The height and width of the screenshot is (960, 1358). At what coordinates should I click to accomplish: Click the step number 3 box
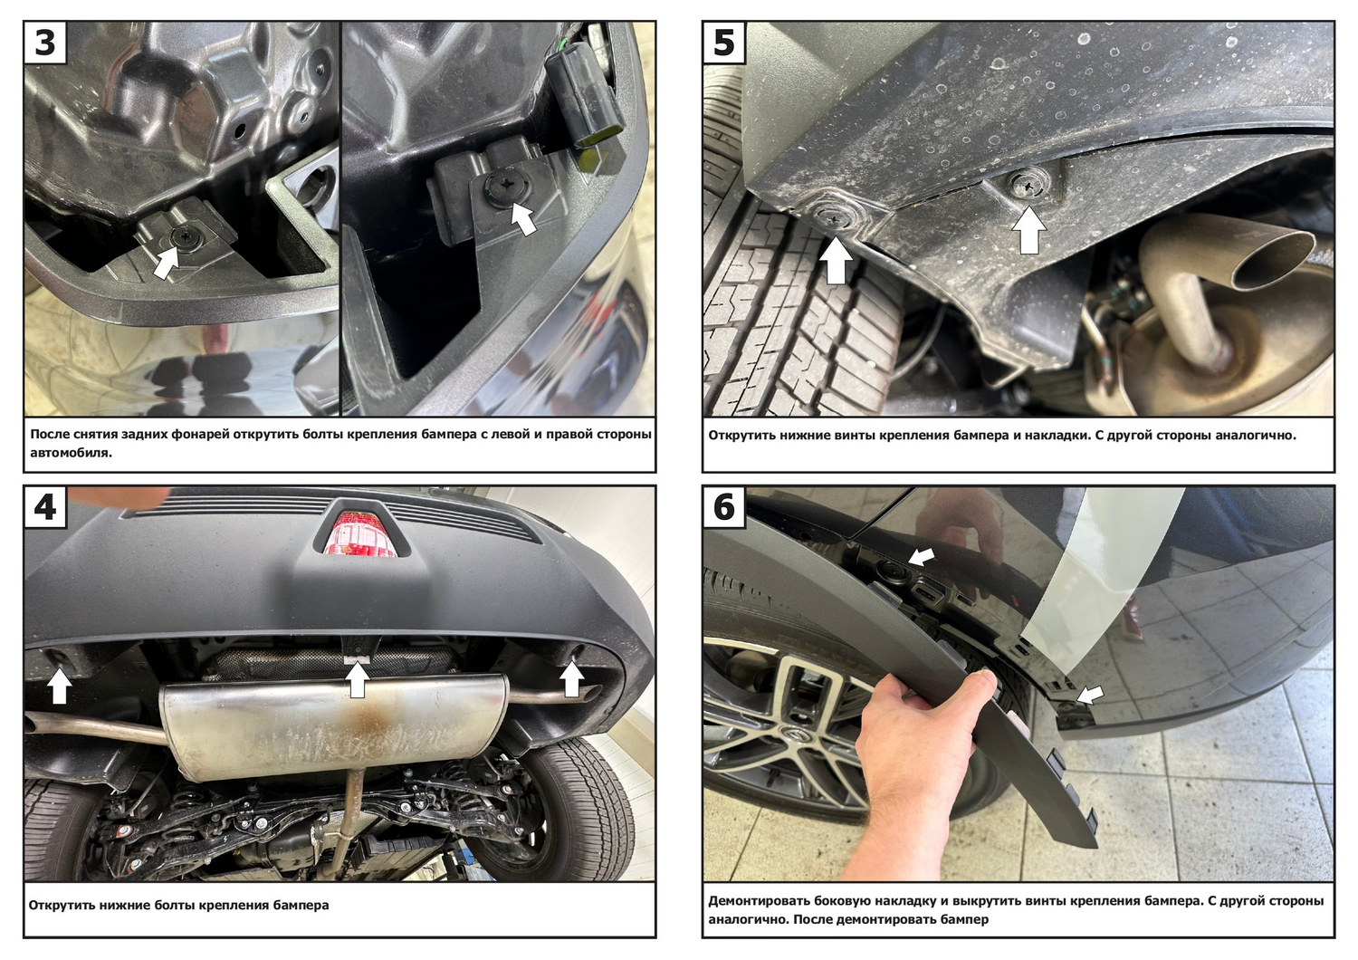45,43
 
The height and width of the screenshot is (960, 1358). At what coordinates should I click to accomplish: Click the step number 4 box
45,507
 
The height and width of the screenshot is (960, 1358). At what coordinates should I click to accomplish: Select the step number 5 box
724,43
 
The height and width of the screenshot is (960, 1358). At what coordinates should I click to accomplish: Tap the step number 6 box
724,507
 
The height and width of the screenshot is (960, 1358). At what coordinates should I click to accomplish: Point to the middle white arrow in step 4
358,679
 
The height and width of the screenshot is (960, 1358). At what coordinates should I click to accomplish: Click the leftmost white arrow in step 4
60,686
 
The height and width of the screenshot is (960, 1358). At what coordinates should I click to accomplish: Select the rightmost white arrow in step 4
571,679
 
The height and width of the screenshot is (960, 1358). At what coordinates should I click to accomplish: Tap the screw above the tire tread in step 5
833,216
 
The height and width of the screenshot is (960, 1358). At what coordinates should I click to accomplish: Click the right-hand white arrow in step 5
1028,230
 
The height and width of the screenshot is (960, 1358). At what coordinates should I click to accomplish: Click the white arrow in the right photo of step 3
522,217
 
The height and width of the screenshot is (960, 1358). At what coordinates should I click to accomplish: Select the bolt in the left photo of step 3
183,236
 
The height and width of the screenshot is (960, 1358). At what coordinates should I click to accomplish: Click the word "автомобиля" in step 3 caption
71,453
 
